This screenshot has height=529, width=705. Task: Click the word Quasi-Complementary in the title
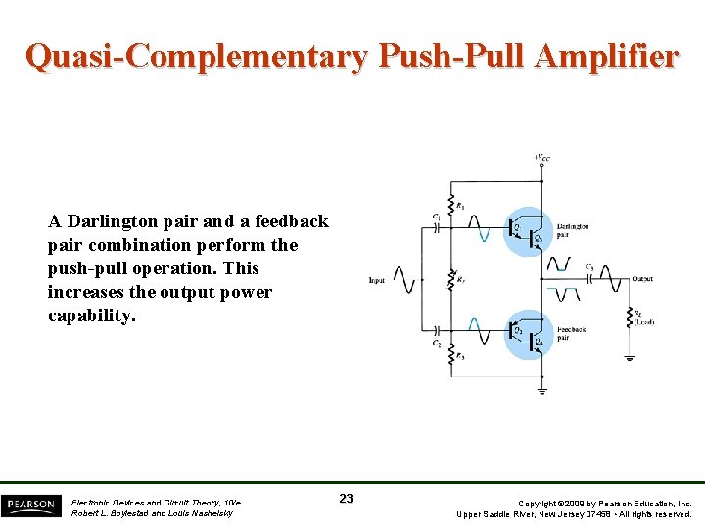[x=196, y=56]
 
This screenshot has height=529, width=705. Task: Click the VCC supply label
[x=541, y=158]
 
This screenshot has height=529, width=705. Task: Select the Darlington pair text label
[x=573, y=231]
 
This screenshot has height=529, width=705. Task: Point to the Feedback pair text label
[x=571, y=334]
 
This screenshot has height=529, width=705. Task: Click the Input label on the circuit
[x=377, y=281]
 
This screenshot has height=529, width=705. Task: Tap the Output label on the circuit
[x=642, y=279]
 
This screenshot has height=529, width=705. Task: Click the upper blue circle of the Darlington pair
[x=529, y=231]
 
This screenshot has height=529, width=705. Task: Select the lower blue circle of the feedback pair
[x=529, y=334]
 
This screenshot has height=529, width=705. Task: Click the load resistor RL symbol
[x=629, y=315]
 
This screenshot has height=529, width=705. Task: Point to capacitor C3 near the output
[x=590, y=278]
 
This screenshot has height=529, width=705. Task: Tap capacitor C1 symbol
[x=437, y=226]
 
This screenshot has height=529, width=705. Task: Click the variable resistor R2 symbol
[x=450, y=281]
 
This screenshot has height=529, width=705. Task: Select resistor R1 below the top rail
[x=450, y=206]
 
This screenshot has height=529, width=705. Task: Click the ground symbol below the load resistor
[x=629, y=358]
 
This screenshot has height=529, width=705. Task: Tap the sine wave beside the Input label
[x=403, y=281]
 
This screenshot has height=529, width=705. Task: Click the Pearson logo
[x=29, y=505]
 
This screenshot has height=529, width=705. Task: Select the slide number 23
[x=346, y=499]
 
